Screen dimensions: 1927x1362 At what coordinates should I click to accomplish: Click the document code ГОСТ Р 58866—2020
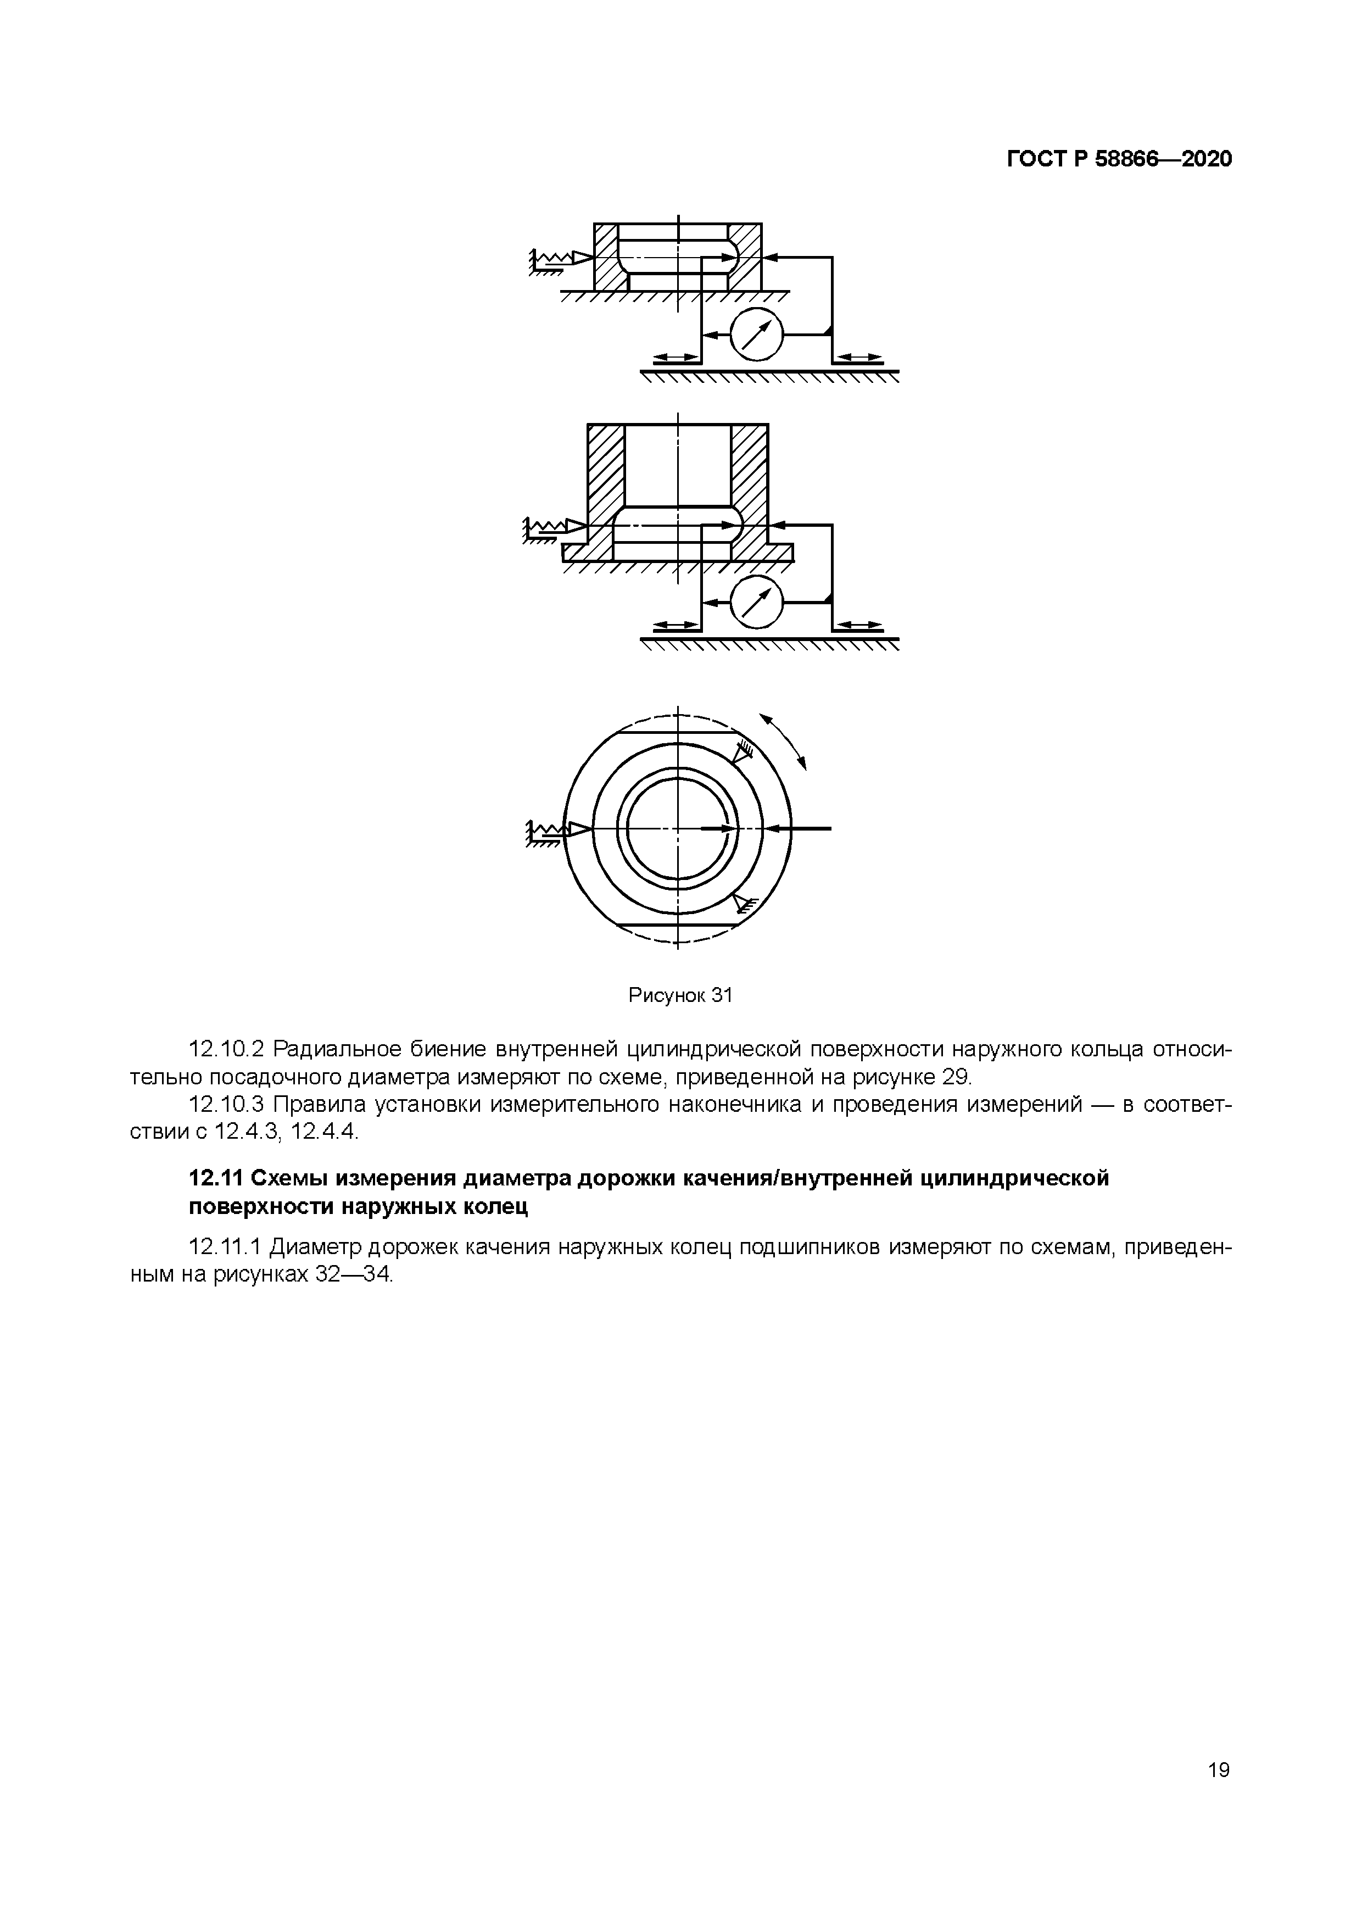click(1119, 159)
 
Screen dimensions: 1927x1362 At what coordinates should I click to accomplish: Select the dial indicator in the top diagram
click(756, 334)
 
